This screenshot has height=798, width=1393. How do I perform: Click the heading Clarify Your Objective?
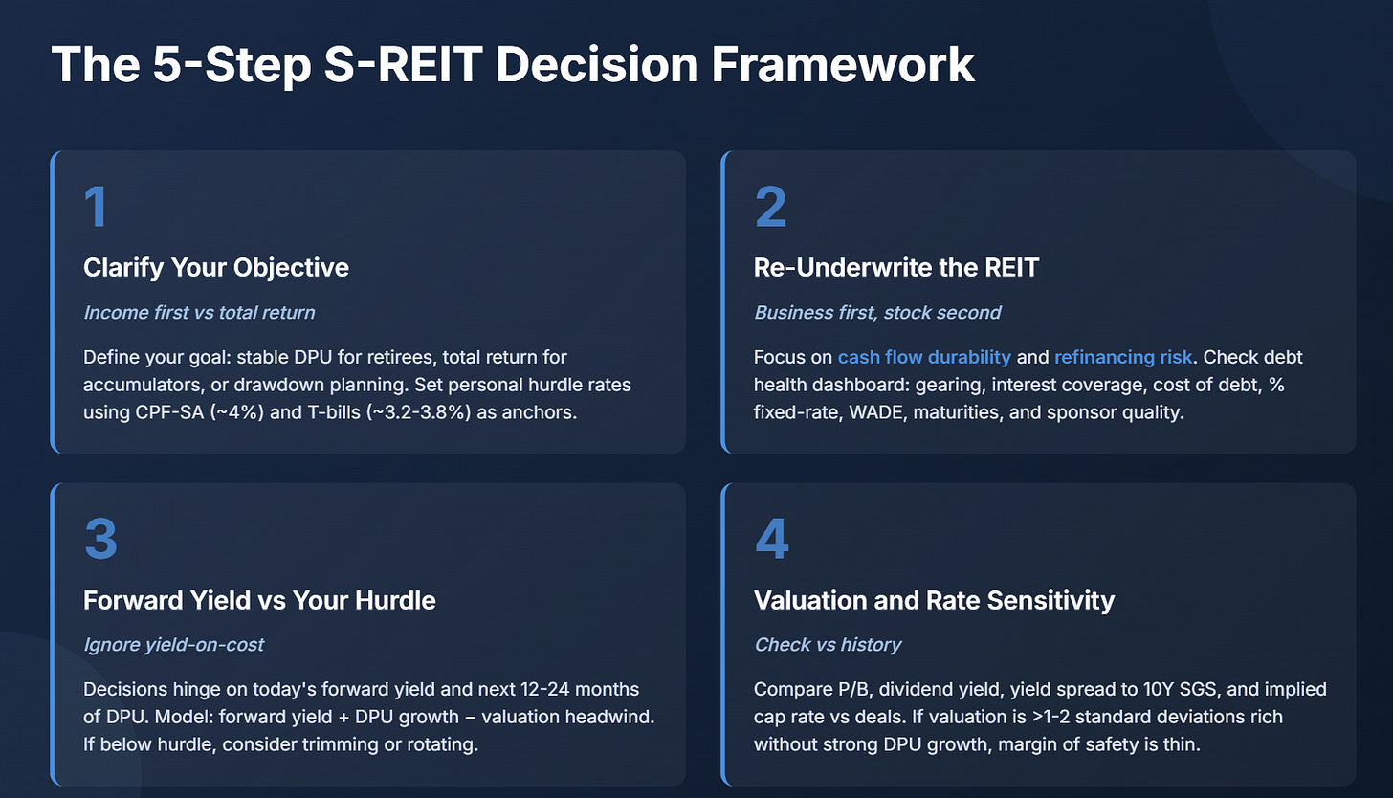(216, 267)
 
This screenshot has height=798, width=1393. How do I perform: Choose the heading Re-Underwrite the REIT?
(896, 267)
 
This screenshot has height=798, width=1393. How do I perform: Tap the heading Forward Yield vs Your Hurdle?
(259, 600)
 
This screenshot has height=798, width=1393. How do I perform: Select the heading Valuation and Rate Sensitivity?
(934, 600)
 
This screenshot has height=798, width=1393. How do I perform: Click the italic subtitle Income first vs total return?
(200, 312)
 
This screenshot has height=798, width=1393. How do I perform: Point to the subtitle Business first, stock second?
(878, 312)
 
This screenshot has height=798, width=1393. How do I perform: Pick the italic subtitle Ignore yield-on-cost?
(174, 644)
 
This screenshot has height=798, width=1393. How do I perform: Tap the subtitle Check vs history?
(828, 644)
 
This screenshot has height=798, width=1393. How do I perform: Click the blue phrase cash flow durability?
(924, 357)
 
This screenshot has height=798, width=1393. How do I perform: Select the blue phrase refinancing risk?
(1123, 357)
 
